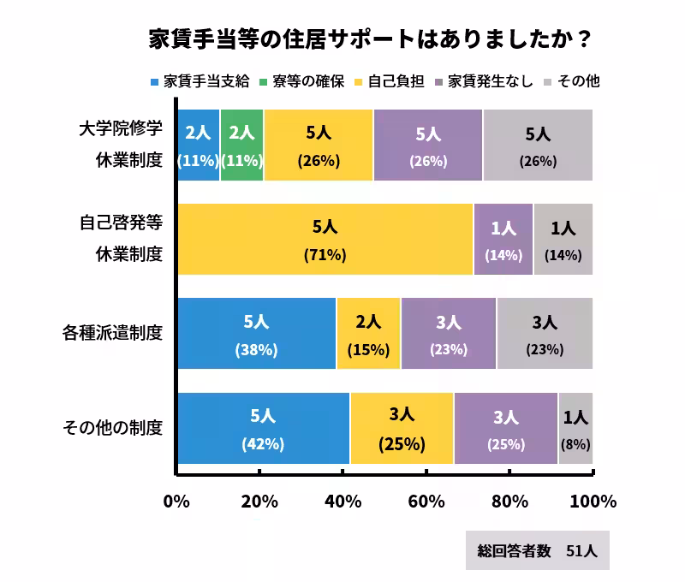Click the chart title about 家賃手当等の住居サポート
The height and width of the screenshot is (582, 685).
[x=369, y=41]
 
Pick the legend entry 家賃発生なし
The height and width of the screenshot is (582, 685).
[x=485, y=82]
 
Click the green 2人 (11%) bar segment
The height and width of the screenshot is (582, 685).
[x=242, y=145]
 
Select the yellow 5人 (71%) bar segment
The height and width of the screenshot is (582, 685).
[x=325, y=240]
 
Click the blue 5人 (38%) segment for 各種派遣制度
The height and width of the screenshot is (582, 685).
[x=256, y=334]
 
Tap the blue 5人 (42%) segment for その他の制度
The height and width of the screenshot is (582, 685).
[x=263, y=428]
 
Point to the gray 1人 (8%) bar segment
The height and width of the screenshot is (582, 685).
[x=575, y=428]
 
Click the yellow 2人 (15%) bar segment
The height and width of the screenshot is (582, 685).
[x=368, y=334]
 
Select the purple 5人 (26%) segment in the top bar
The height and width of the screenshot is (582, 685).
[x=428, y=145]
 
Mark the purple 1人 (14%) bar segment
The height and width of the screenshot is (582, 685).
[x=503, y=240]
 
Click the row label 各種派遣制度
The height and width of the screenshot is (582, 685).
[x=113, y=333]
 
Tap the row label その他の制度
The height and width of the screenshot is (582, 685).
[x=113, y=427]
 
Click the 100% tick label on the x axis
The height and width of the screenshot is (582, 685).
[x=593, y=502]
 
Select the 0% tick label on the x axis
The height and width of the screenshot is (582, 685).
[x=176, y=502]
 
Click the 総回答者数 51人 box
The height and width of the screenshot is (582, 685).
[x=538, y=551]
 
